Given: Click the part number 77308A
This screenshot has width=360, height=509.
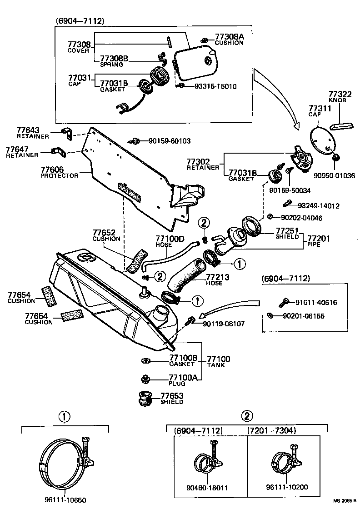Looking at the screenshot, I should click(229, 36).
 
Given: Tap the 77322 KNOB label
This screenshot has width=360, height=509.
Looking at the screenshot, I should click(337, 97).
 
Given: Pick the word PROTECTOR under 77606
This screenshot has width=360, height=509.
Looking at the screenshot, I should click(60, 175).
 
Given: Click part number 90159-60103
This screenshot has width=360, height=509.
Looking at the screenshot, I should click(169, 141).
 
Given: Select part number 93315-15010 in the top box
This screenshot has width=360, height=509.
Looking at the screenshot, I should click(216, 86).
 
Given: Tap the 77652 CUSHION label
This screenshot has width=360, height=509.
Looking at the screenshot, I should click(106, 235).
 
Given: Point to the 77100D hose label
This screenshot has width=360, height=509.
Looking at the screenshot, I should click(170, 241).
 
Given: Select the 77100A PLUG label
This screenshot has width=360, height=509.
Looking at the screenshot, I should click(183, 379).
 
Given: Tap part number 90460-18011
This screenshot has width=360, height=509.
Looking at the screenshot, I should click(208, 488).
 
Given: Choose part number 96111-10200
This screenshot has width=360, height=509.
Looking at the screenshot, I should click(287, 487).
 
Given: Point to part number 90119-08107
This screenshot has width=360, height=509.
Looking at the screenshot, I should click(224, 324).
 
